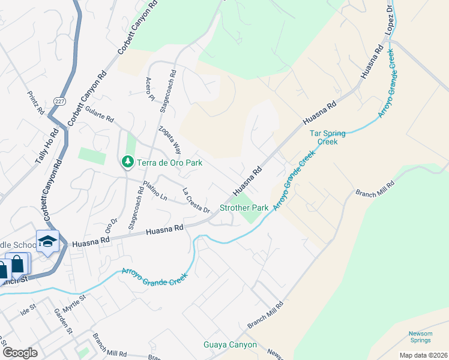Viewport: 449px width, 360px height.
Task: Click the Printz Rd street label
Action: [x=36, y=103]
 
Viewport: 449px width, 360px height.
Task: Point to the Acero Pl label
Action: [x=149, y=89]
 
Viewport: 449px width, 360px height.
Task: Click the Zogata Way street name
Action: [x=169, y=139]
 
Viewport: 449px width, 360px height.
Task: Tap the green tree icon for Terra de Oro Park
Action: [x=127, y=163]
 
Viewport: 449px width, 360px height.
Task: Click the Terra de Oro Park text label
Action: [x=169, y=163]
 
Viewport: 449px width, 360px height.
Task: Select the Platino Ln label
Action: [x=154, y=191]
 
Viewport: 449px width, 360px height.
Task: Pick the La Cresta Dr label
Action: [x=196, y=201]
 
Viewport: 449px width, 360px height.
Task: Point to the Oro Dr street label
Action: [x=110, y=224]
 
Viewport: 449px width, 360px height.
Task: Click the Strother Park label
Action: [x=244, y=208]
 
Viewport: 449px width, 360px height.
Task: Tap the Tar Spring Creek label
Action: [x=324, y=137]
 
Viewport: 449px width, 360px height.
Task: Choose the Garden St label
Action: [x=63, y=321]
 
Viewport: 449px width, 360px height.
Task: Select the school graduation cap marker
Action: [x=47, y=242]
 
